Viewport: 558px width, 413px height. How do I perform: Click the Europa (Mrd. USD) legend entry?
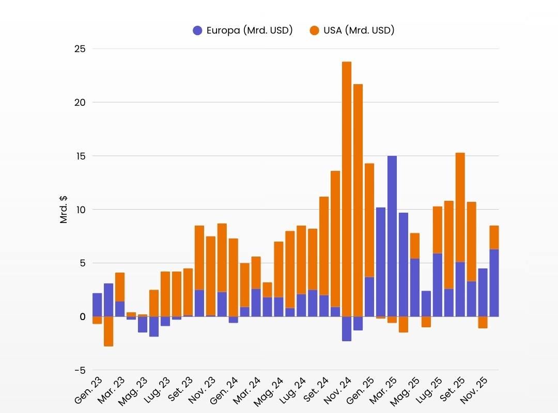click(242, 30)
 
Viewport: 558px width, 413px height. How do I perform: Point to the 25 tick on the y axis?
click(80, 49)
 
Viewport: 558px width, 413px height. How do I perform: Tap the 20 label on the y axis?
click(80, 103)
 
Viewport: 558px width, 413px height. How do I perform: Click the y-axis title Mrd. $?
click(64, 209)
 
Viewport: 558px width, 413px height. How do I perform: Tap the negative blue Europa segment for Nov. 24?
click(347, 329)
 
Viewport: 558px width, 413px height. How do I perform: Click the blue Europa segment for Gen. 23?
click(97, 305)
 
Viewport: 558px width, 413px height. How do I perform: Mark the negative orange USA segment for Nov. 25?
click(483, 322)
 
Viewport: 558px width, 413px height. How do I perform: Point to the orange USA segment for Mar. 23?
click(120, 287)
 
